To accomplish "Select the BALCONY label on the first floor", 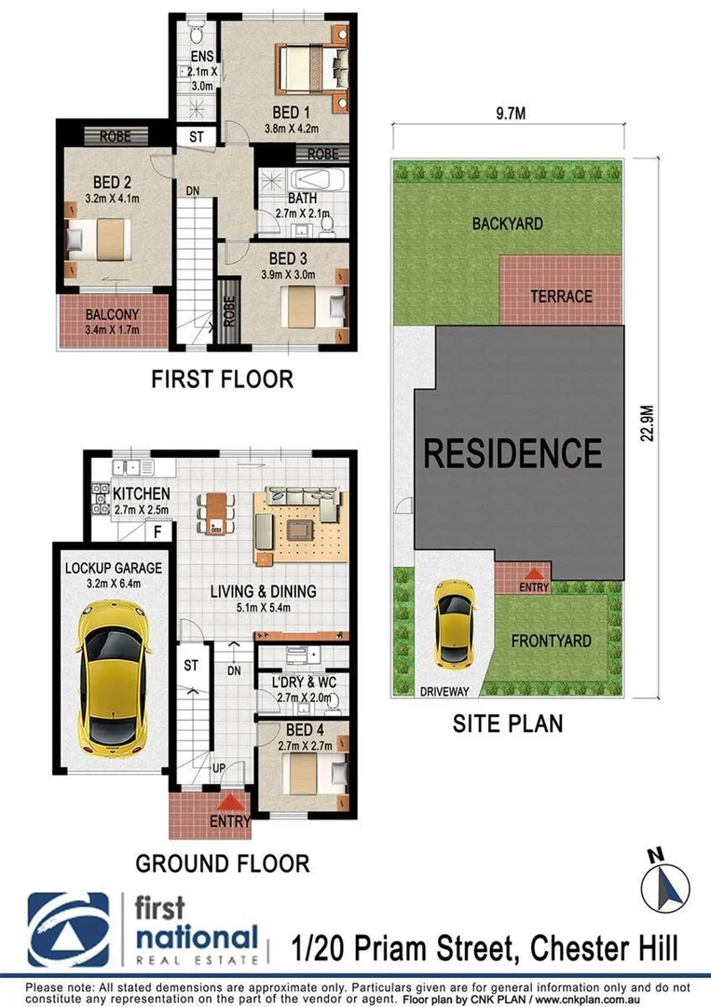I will coord(113,314).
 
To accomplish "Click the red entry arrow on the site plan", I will coord(534,575).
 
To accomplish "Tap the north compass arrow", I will coord(666,884).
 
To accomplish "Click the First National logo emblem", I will coord(70,930).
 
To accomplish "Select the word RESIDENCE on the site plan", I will coord(513,453).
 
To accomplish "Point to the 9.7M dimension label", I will coord(506,115).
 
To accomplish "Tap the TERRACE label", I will coord(561,297).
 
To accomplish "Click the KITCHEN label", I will coord(141,493).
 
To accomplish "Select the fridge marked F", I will coord(158,532).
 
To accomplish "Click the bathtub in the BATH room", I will coord(318,180).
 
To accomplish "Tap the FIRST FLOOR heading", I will coord(222,379).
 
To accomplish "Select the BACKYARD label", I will coord(507,224).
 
